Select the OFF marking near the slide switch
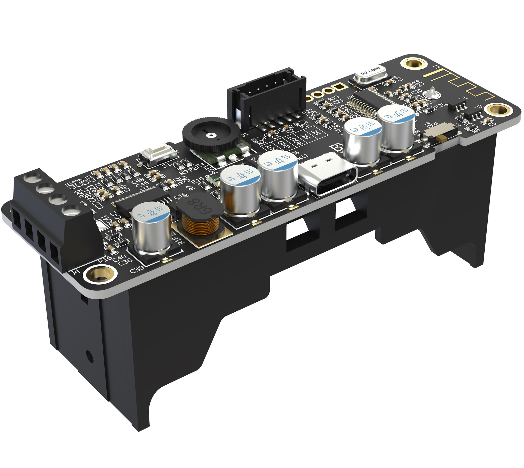coord(433,125)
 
